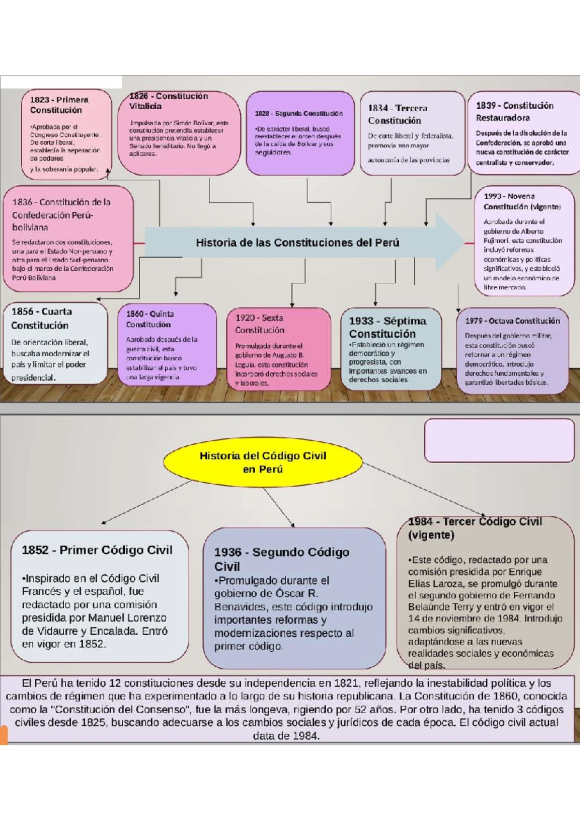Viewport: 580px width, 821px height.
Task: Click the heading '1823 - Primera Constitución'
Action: [x=59, y=105]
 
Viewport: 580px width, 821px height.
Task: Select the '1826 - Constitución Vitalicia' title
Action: [x=168, y=101]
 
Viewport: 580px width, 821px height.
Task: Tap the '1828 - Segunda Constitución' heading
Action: [x=299, y=114]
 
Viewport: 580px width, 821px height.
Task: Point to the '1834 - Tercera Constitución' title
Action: [x=397, y=115]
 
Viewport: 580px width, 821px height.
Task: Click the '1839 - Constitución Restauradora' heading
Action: [x=514, y=112]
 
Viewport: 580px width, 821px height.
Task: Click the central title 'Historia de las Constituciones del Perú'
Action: [x=297, y=243]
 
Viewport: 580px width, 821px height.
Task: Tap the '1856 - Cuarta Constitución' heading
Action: [x=42, y=318]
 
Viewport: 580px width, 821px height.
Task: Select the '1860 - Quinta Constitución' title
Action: [x=150, y=319]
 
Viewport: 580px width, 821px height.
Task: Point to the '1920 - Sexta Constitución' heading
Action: [x=260, y=324]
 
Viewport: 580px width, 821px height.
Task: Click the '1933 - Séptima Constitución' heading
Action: [x=387, y=327]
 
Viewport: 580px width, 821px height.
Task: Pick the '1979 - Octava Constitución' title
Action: [x=512, y=321]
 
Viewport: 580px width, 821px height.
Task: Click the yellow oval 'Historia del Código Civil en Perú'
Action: [x=262, y=462]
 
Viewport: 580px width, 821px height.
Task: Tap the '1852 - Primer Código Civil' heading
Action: [x=97, y=550]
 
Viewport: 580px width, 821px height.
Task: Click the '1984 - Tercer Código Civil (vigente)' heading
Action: [x=475, y=528]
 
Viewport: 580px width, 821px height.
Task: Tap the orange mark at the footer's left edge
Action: [x=4, y=734]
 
